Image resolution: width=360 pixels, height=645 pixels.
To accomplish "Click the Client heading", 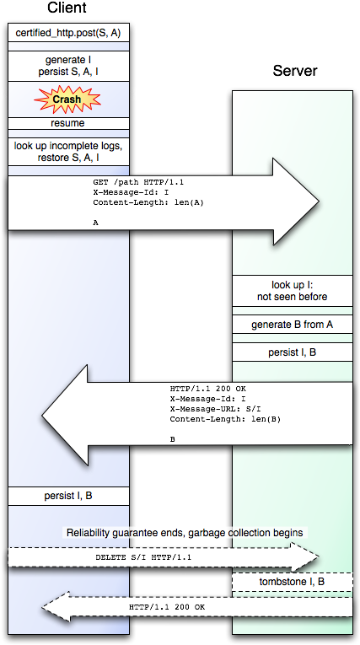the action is coord(67,8).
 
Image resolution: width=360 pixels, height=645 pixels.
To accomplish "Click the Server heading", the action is coord(295,71).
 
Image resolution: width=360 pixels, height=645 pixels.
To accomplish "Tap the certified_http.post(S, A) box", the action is coord(68,33).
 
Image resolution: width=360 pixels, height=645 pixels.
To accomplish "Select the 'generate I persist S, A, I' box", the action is coord(68,66).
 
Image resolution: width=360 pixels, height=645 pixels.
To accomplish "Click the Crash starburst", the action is coord(67,99).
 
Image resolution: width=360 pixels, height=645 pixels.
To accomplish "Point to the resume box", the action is coord(68,123).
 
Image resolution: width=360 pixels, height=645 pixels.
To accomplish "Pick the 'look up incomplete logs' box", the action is coord(68,152).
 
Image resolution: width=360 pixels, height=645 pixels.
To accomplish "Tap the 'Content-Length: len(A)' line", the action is coord(148,202).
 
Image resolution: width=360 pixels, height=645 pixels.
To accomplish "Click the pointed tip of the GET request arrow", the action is coord(319,202).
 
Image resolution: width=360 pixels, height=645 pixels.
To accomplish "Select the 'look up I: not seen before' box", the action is coord(293,290).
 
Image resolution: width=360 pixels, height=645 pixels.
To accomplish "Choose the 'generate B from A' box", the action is coord(293,325).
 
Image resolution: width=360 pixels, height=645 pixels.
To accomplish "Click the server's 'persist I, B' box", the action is coord(293,352).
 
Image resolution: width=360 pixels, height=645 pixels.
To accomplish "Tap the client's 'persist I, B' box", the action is coord(68,496).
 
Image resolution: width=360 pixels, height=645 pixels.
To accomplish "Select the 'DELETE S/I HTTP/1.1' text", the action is coord(143,558).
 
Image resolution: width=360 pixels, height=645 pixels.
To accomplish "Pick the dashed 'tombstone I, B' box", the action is coord(293,582).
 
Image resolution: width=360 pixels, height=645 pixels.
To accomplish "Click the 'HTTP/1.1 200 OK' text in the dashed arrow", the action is coord(167,607).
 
